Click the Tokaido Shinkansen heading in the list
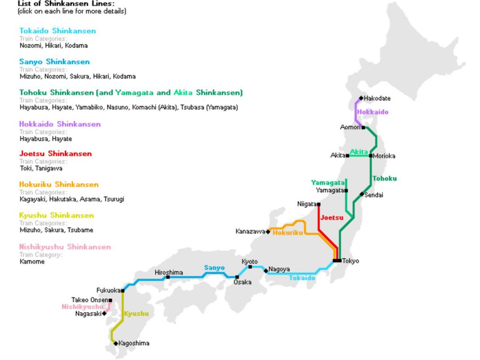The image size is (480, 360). pos(58,31)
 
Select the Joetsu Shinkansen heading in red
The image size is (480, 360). pos(55,154)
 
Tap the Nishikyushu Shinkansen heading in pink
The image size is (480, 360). pos(65,247)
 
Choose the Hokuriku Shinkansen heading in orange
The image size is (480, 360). pos(59,184)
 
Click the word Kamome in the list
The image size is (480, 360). pos(32,262)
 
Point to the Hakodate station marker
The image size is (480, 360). pos(361,98)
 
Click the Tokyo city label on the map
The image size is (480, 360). pos(351,261)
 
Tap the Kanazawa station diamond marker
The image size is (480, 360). pos(268,232)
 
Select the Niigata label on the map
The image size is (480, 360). pos(307,204)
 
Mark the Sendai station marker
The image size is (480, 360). pos(362,194)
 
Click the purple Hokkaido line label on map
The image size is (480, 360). pos(373,112)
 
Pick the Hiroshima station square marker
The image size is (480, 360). pos(168,277)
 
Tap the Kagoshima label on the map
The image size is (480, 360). pos(134,343)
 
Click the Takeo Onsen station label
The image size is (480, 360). pos(89,300)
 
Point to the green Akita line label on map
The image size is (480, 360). pos(359,151)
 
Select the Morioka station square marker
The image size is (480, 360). pos(370,156)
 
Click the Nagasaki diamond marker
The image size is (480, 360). pos(104,314)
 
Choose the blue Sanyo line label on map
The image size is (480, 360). pos(214,268)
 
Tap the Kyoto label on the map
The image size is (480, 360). pos(250,262)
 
